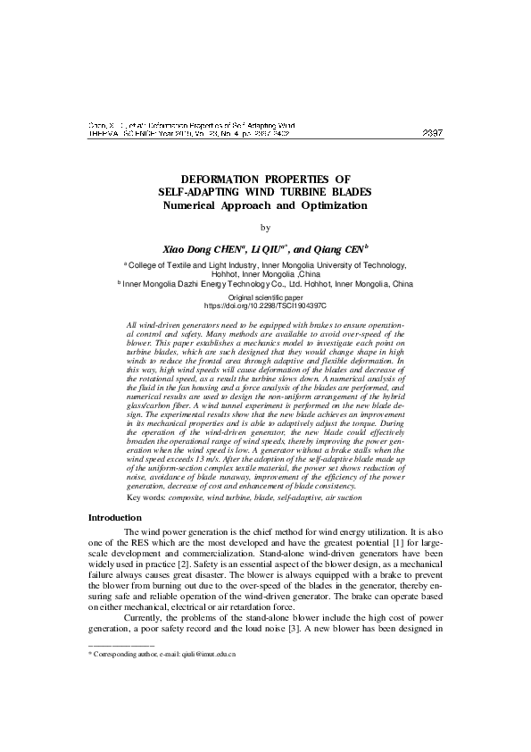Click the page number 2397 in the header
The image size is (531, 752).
pyautogui.click(x=432, y=134)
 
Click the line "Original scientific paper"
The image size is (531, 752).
pyautogui.click(x=265, y=296)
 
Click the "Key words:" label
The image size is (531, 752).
pyautogui.click(x=147, y=497)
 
